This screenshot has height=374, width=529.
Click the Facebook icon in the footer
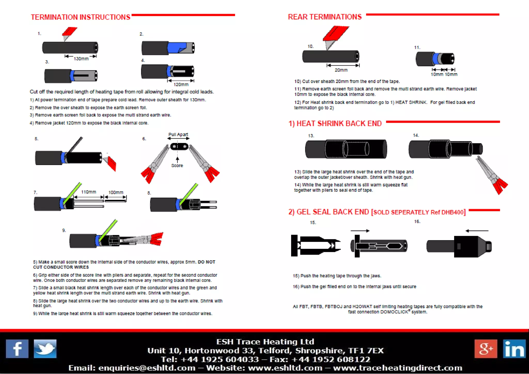17,349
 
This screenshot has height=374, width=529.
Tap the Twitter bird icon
45,349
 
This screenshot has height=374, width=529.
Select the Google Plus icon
486,349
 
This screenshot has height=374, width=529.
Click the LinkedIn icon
514,349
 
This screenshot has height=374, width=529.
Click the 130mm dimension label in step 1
81,59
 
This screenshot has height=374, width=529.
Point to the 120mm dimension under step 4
181,85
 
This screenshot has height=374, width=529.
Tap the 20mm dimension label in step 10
341,70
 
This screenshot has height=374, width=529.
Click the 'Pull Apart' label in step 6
178,135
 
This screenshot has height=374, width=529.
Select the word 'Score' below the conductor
177,165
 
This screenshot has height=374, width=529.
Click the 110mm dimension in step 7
89,192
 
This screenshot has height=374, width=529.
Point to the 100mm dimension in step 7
116,192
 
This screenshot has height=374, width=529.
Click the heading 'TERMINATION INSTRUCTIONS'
81,17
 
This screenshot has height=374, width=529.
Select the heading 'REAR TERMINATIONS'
325,17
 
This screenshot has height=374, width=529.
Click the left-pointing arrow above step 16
477,231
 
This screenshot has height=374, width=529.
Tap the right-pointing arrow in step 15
360,231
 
